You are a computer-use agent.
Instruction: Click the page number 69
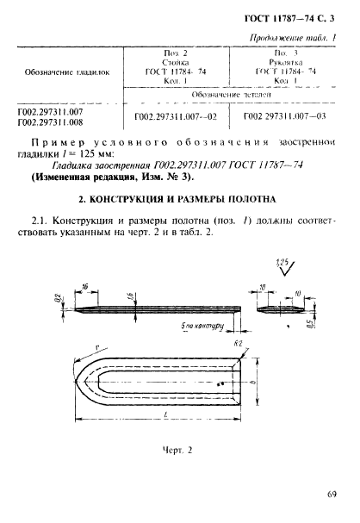coord(332,494)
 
